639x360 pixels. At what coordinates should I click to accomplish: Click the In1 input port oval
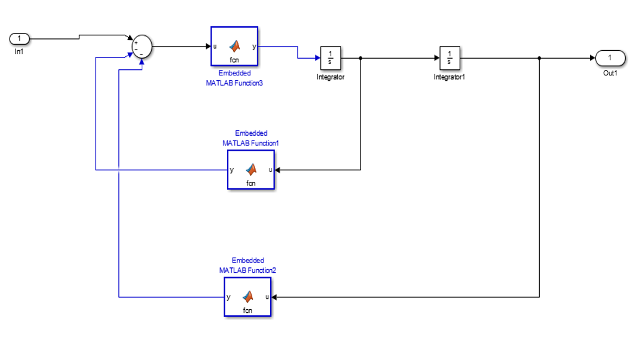pyautogui.click(x=19, y=39)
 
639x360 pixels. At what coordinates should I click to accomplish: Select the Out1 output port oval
pyautogui.click(x=610, y=58)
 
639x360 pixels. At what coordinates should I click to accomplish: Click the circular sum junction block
pyautogui.click(x=142, y=46)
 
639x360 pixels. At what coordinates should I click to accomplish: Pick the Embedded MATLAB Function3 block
pyautogui.click(x=234, y=46)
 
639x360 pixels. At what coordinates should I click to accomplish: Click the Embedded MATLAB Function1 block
pyautogui.click(x=251, y=170)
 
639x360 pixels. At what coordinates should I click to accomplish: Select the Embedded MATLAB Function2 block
pyautogui.click(x=247, y=297)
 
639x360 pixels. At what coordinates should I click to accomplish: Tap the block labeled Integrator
pyautogui.click(x=331, y=58)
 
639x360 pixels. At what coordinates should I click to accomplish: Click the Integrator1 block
pyautogui.click(x=450, y=58)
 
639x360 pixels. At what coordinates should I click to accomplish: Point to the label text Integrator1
pyautogui.click(x=449, y=77)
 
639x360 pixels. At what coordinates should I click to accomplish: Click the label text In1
pyautogui.click(x=19, y=51)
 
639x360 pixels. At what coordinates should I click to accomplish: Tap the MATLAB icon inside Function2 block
pyautogui.click(x=248, y=296)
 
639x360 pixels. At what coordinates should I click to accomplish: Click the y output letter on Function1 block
pyautogui.click(x=232, y=170)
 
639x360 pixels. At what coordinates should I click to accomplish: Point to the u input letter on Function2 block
pyautogui.click(x=267, y=297)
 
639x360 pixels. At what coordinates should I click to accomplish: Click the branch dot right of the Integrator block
pyautogui.click(x=360, y=58)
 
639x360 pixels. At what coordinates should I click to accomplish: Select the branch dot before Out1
pyautogui.click(x=539, y=58)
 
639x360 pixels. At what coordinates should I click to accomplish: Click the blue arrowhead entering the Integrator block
pyautogui.click(x=317, y=58)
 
